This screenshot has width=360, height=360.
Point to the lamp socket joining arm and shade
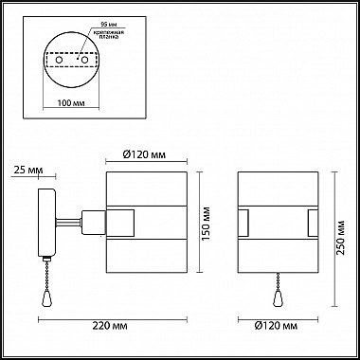pyautogui.click(x=91, y=223)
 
